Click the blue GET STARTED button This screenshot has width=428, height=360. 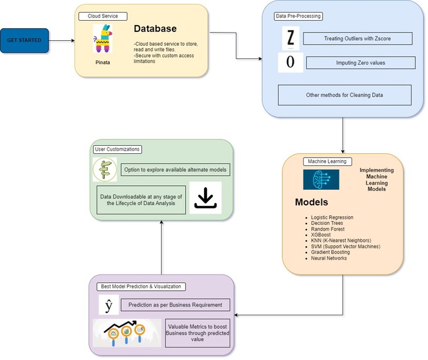pos(24,40)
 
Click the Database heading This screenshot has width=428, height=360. pos(155,29)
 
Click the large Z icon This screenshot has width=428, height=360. pos(290,39)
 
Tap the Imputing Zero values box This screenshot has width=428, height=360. pos(360,63)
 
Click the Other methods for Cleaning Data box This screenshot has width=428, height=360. pos(345,95)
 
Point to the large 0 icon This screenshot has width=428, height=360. pos(290,63)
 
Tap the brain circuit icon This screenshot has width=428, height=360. pos(321,179)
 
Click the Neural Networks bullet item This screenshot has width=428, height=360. pos(329,258)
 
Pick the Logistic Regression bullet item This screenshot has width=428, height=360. pos(332,217)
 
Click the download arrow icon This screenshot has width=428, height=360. pos(205,198)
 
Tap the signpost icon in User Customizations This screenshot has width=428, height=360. pos(105,170)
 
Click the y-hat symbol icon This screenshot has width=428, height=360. pos(109,305)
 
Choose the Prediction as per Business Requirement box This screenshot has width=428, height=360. pos(175,305)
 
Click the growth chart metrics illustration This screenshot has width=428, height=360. pos(128,332)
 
